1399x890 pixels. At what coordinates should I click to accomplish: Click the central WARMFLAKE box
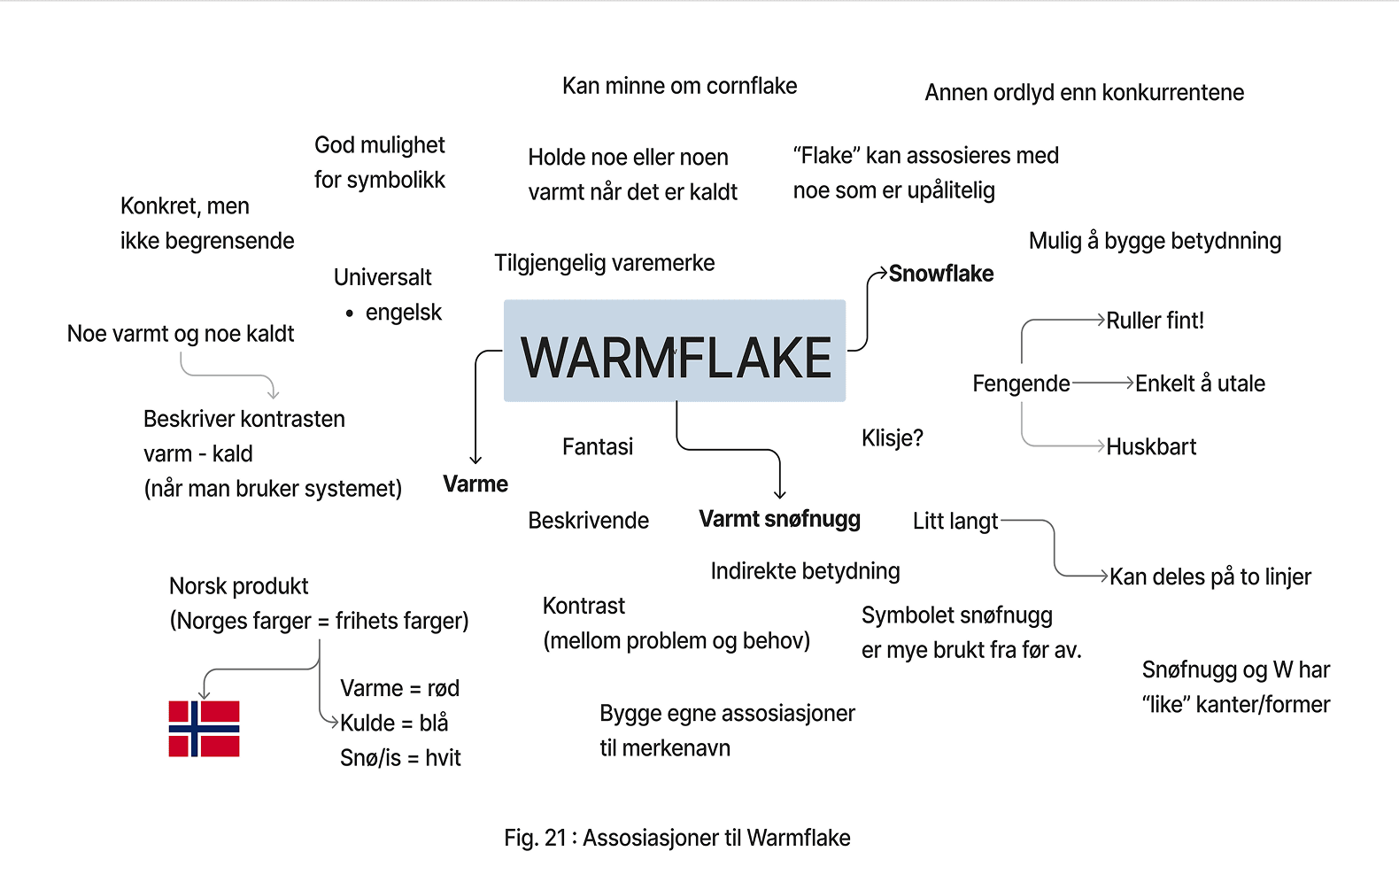click(675, 351)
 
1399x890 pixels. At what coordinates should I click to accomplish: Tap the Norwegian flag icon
click(204, 728)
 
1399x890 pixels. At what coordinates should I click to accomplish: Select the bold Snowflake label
click(940, 274)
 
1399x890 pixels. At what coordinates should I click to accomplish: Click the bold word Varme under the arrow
click(475, 484)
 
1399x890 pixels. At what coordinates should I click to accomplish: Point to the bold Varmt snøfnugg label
click(779, 519)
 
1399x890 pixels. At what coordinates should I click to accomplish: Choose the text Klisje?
click(892, 437)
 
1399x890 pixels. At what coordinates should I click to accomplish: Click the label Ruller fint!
click(1155, 321)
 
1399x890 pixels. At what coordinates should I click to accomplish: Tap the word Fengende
click(1021, 383)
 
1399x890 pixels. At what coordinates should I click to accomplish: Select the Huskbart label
click(1151, 446)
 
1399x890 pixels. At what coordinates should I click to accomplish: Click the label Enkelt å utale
click(1200, 383)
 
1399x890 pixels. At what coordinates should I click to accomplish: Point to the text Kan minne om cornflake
click(679, 86)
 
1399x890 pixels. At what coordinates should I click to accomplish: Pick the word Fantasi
click(598, 446)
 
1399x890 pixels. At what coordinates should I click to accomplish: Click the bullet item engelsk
click(403, 312)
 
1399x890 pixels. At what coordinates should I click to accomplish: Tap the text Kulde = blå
click(394, 723)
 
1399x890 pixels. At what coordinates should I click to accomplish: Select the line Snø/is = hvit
click(400, 757)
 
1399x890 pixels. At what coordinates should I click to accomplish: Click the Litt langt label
click(955, 521)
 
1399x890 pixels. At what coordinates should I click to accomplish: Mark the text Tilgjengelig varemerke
click(604, 263)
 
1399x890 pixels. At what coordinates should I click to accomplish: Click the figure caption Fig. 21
click(676, 838)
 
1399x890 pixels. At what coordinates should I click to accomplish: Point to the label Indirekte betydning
click(805, 571)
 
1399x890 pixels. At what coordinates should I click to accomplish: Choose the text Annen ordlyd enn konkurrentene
click(1084, 92)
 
